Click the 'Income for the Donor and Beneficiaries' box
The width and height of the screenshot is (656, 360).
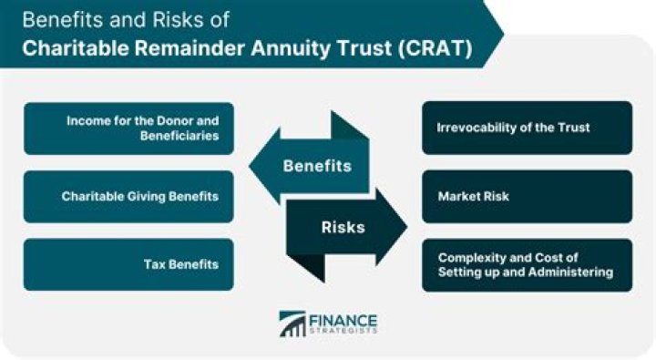(128, 128)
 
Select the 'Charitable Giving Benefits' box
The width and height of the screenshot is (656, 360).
(128, 196)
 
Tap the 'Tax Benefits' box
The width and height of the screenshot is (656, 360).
(128, 264)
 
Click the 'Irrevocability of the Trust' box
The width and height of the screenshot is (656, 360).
(527, 128)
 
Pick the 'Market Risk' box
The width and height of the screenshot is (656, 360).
(527, 196)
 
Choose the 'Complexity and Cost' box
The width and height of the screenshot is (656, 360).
(527, 264)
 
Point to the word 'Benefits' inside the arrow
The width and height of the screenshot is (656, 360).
(316, 167)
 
